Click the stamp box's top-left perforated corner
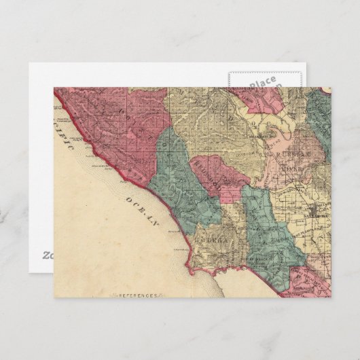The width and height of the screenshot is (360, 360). [230, 71]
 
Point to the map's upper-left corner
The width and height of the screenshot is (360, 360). [55, 88]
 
